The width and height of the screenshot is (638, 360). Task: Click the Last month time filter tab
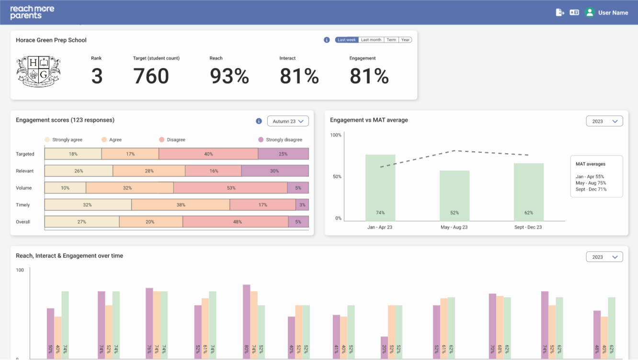tap(371, 40)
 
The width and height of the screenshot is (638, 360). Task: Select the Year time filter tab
tap(405, 40)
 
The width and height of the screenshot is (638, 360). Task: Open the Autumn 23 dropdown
tap(287, 122)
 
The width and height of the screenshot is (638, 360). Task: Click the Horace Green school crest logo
tap(38, 72)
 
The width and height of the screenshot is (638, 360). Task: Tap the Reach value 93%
tap(229, 76)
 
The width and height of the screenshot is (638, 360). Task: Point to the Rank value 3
tap(97, 76)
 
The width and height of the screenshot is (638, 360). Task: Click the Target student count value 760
tap(151, 76)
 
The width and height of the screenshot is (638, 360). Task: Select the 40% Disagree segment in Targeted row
tap(208, 154)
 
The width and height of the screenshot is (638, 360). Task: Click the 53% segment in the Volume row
tap(230, 188)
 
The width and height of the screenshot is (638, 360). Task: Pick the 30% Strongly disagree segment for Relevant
tap(274, 171)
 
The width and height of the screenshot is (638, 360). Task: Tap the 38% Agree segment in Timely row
tap(181, 205)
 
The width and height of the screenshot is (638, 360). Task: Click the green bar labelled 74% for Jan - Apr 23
tap(380, 187)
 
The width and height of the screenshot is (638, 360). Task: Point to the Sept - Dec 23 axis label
tap(528, 227)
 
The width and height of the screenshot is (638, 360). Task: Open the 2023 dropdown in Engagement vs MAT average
tap(604, 122)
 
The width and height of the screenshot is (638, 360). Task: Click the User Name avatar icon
tap(590, 12)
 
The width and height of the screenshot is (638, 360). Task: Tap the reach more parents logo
tap(32, 12)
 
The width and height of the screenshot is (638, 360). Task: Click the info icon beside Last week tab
tap(327, 40)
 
